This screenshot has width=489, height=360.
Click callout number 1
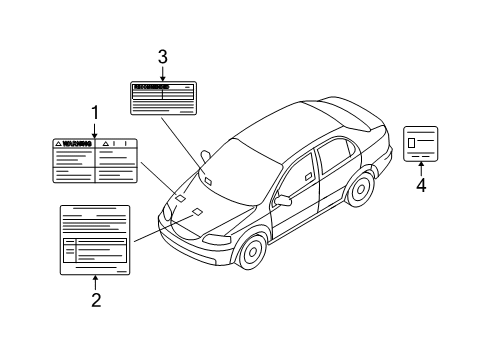[95, 112]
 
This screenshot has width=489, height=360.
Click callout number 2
[95, 298]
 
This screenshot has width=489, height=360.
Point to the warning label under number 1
[95, 160]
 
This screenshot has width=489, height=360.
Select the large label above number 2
[95, 238]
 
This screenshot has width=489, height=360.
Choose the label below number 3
[162, 99]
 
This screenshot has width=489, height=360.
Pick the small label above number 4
[420, 143]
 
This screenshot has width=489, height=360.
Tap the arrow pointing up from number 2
[95, 281]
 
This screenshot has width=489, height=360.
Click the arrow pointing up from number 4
[421, 169]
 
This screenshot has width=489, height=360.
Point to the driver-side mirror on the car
[284, 200]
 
